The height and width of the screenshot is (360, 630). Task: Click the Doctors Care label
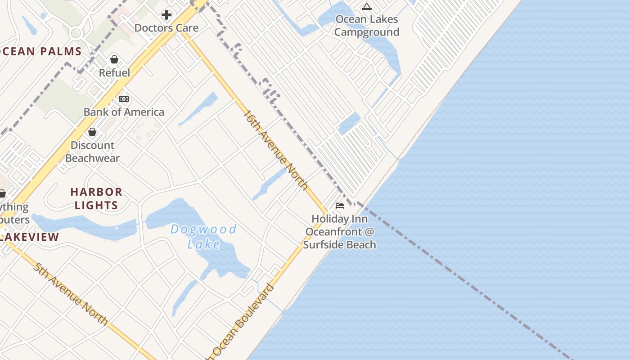(166, 28)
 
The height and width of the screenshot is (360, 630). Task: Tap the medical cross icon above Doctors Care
(166, 15)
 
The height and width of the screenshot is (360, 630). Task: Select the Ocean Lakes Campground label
(367, 26)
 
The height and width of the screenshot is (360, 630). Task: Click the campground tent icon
(367, 6)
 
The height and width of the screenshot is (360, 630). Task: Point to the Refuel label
(114, 73)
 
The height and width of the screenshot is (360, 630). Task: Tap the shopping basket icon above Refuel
(114, 59)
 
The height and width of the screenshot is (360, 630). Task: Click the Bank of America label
(124, 112)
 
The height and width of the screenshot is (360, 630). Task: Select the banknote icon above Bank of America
(124, 99)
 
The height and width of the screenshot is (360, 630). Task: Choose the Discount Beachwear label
(92, 152)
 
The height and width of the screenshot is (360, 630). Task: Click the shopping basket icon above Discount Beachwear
(92, 132)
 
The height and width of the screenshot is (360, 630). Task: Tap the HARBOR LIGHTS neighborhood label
(96, 198)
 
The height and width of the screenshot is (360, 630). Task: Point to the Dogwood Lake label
(204, 236)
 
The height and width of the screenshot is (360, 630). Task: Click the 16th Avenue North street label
(275, 150)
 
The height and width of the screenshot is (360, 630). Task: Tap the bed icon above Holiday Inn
(340, 206)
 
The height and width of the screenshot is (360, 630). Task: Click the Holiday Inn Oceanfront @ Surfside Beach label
(340, 232)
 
